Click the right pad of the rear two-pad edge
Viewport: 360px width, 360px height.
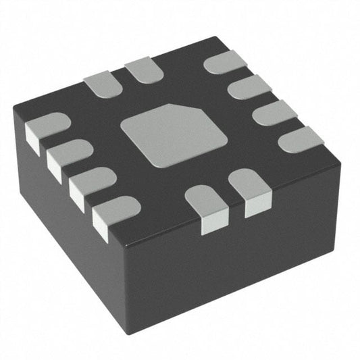point(144,70)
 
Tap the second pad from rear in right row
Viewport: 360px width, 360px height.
point(249,87)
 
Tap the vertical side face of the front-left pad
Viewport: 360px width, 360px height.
point(213,223)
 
